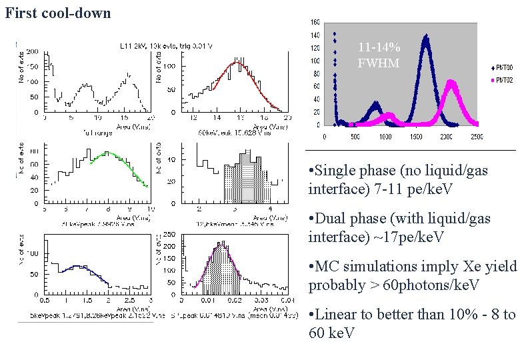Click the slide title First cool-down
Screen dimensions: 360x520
point(58,13)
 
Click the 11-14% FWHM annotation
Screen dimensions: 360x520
point(379,55)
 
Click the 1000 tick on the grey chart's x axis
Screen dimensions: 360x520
point(385,137)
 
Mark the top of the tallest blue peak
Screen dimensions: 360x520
point(425,36)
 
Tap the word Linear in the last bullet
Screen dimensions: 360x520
point(339,315)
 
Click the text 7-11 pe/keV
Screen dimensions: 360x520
point(413,190)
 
